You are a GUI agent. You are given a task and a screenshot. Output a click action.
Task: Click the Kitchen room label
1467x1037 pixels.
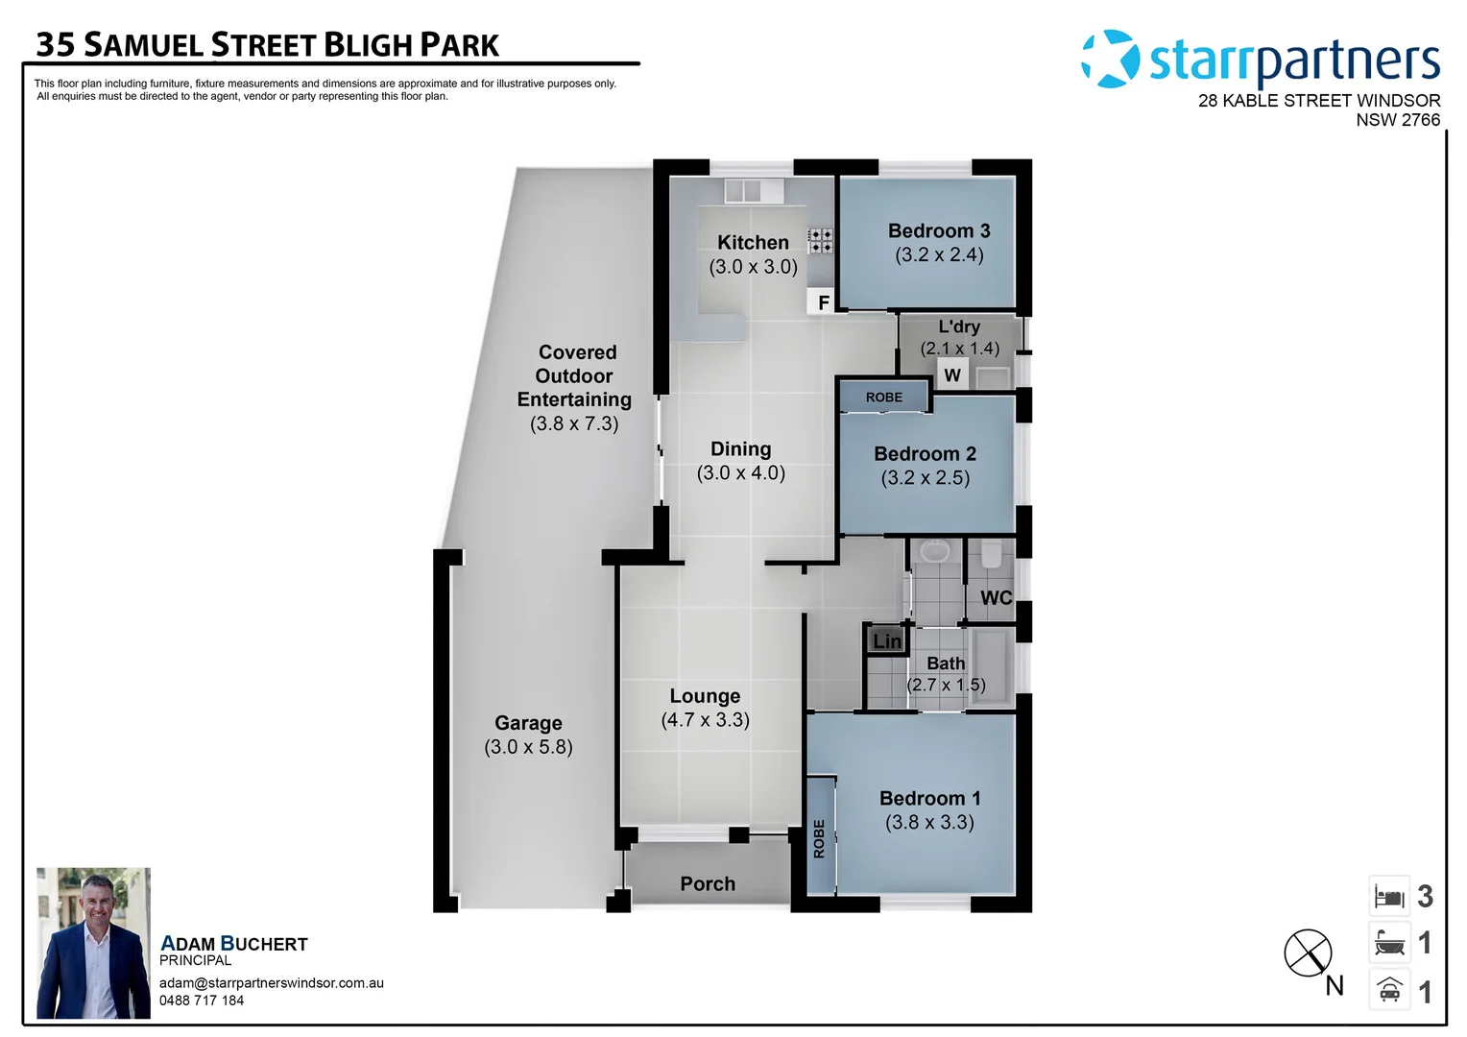753,243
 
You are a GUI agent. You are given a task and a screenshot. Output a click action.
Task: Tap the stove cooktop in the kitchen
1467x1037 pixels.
820,240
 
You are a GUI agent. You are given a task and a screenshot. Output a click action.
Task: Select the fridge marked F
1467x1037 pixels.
823,302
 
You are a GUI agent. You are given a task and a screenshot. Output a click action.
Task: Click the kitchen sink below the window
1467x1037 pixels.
743,190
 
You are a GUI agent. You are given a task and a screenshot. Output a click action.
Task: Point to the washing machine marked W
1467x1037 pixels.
951,374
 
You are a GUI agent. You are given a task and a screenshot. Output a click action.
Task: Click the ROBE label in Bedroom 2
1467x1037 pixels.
883,397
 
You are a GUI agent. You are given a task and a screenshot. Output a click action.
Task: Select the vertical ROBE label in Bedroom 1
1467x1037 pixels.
819,838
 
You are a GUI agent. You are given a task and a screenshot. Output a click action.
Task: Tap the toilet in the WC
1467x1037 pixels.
991,554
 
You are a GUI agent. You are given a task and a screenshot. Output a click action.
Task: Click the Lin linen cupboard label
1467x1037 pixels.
886,640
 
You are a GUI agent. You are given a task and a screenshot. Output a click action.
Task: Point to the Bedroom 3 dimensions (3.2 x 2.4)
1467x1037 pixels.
939,255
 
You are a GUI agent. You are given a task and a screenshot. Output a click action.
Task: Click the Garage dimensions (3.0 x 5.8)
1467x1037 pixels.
528,747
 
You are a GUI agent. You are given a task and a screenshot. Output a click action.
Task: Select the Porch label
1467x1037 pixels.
708,883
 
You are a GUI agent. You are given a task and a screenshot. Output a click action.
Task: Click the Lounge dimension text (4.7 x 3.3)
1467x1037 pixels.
705,720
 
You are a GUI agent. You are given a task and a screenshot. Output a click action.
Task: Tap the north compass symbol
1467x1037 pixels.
1308,953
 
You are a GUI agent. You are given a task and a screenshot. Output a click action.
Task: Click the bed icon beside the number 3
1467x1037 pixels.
1389,897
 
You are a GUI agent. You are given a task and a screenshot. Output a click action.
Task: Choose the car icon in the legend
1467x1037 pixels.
1389,990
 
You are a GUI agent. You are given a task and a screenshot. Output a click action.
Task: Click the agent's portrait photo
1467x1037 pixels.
93,943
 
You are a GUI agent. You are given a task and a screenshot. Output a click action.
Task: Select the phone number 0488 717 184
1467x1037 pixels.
202,1001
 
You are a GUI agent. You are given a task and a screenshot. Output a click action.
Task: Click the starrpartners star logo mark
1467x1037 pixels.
1111,59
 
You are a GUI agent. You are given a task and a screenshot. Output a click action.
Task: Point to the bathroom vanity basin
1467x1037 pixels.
934,552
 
